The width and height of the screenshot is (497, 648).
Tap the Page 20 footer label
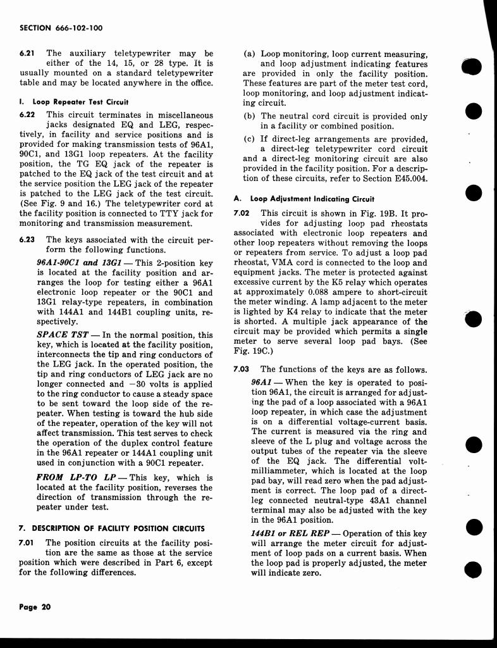35,606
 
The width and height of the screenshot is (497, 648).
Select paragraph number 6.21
28,54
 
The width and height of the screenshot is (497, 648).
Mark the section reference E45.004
405,178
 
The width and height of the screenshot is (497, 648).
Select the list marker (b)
249,116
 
